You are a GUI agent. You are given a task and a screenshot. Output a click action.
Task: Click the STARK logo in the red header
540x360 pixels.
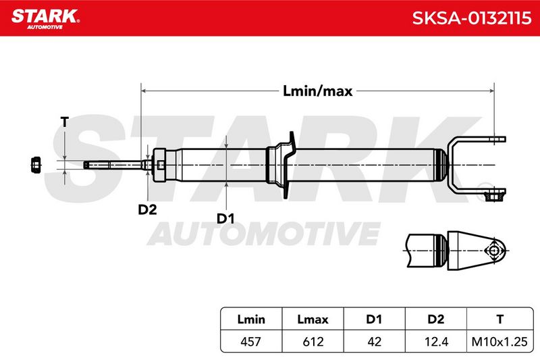45,19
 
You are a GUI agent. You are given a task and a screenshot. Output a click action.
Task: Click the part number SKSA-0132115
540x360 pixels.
472,18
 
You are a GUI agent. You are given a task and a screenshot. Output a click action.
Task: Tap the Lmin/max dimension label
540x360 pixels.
317,91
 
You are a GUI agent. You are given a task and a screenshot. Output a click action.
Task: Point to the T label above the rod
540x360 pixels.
64,122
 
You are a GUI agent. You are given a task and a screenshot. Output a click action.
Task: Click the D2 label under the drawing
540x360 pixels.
147,209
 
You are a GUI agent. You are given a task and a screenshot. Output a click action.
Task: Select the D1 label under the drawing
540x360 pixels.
225,218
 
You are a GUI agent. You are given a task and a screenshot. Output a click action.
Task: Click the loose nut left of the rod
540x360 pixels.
36,165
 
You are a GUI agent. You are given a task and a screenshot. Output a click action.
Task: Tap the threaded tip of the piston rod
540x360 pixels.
97,165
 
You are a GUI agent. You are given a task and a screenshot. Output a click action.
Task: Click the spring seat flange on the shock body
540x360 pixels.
289,165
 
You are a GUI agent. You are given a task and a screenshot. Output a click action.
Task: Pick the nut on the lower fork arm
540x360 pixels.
493,197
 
